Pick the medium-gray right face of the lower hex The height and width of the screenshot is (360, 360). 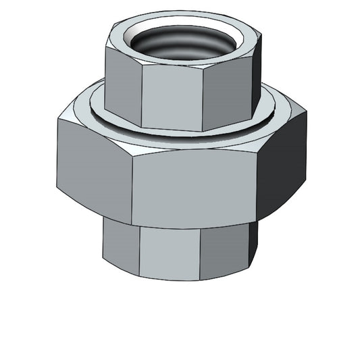pyautogui.click(x=226, y=250)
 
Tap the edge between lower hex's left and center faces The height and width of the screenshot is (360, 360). pyautogui.click(x=139, y=251)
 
